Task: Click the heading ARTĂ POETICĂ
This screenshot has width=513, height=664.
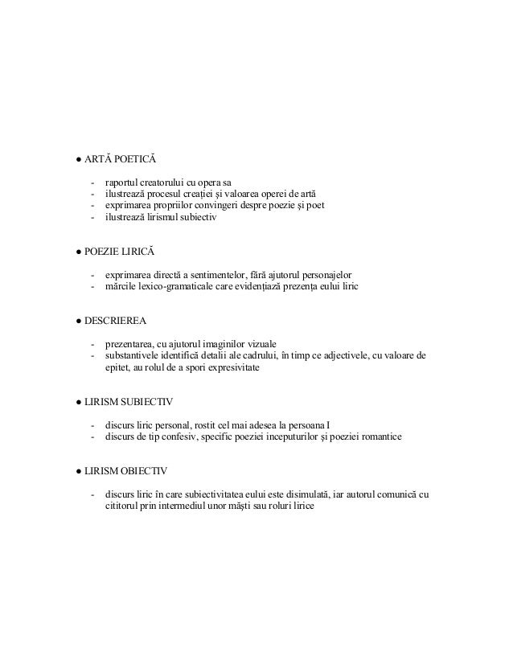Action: (109, 160)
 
